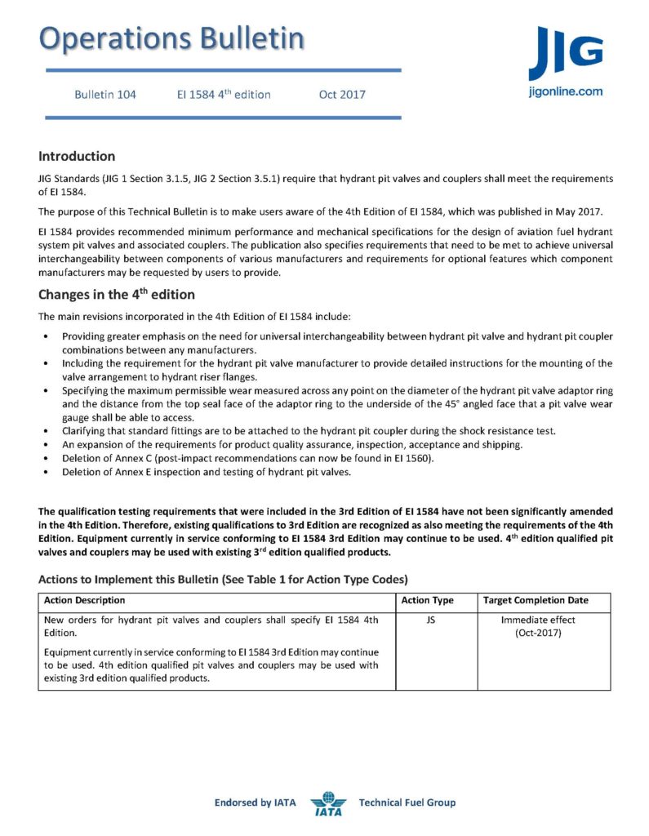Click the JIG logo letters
(x=565, y=54)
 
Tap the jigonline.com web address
(x=565, y=91)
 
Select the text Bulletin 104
(x=105, y=95)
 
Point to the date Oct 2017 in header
(x=342, y=95)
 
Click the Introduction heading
(x=77, y=156)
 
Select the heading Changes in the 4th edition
(x=117, y=295)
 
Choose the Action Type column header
(x=428, y=601)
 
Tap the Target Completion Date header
(x=536, y=601)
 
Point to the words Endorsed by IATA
(x=255, y=803)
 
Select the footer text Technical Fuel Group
(x=407, y=803)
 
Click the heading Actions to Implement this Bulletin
(x=222, y=579)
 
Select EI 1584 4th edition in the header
(x=224, y=95)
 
